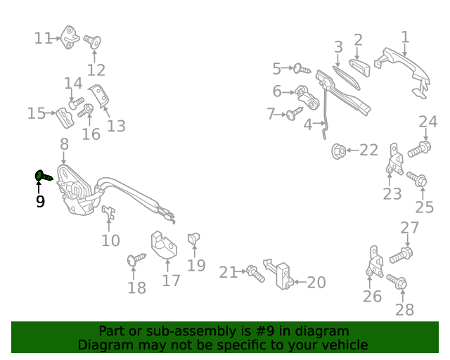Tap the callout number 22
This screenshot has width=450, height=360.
(368, 150)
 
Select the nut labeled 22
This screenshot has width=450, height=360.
(338, 150)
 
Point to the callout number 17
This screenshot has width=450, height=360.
(172, 280)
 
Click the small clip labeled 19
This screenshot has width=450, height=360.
(193, 240)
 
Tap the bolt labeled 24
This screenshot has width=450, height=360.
(420, 148)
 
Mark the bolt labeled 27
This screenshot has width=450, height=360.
(404, 252)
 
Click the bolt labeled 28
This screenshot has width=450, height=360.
(399, 283)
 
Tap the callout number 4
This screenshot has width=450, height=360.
(307, 125)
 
